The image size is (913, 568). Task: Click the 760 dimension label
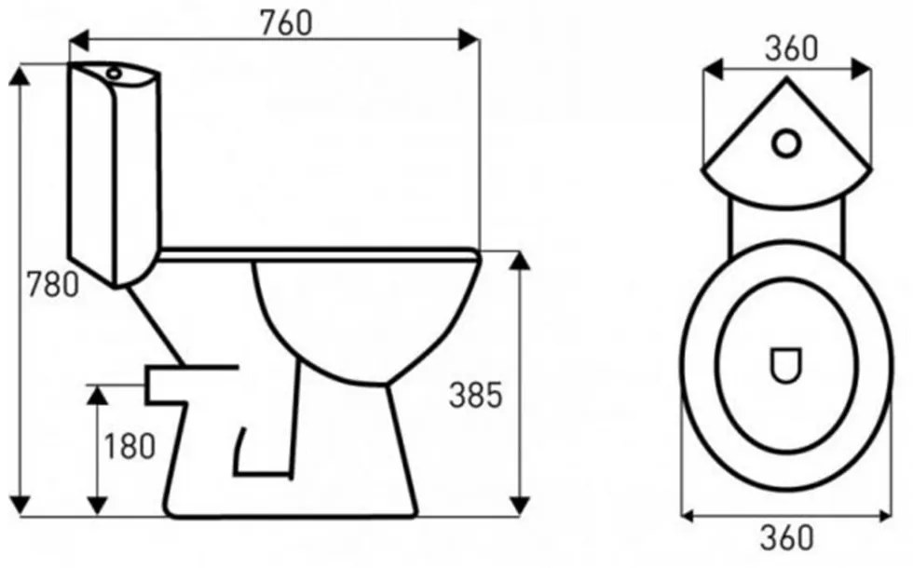286,23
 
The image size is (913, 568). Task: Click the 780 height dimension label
52,285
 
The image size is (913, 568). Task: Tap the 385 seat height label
475,395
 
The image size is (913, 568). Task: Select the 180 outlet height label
129,446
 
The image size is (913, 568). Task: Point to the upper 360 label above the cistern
791,48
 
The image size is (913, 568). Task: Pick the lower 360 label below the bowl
786,537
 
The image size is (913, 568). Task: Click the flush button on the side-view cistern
114,74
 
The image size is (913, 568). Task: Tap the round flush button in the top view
786,143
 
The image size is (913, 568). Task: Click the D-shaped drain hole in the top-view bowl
785,365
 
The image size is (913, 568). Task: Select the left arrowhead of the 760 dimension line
79,39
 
